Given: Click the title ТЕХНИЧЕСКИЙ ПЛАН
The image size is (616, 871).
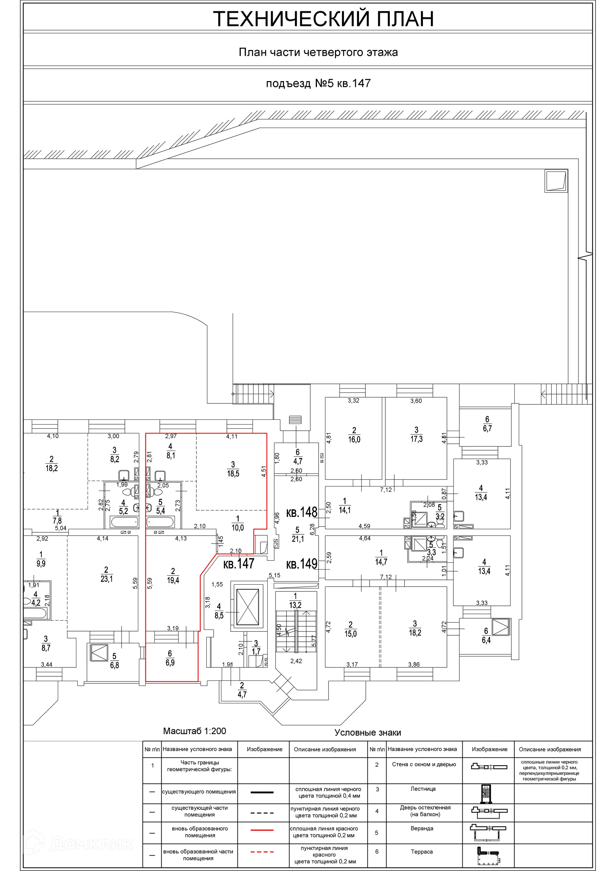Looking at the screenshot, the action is click(323, 19).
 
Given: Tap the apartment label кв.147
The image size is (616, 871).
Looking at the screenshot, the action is click(238, 564).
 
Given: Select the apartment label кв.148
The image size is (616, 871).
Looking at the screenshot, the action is click(302, 512).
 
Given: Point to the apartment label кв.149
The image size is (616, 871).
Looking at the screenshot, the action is click(302, 564).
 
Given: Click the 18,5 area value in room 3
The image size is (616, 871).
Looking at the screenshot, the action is click(233, 473).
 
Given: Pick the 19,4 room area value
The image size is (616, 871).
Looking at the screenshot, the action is click(173, 580).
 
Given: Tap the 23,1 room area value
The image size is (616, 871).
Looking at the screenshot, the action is click(106, 579).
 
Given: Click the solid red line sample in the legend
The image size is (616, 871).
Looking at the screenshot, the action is click(262, 830).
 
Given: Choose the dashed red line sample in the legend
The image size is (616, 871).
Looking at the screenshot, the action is click(262, 852).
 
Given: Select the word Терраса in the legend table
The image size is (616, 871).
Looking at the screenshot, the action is click(422, 852).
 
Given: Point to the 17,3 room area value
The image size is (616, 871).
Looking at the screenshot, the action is click(416, 439).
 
